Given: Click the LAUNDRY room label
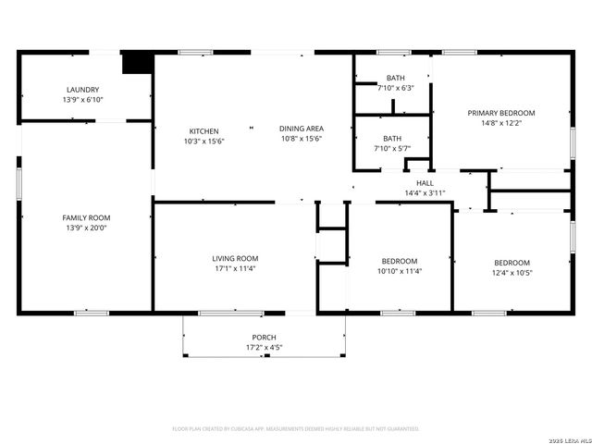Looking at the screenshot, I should click(82, 89).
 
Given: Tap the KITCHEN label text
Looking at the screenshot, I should click(203, 130).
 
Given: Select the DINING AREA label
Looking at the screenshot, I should click(301, 129).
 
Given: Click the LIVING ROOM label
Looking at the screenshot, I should click(235, 258).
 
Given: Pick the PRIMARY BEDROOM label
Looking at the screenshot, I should click(500, 113).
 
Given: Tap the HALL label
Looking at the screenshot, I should click(425, 183).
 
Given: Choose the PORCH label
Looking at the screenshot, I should click(264, 338).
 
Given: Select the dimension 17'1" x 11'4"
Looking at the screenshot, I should click(235, 268).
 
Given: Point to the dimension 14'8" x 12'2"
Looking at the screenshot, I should click(500, 123).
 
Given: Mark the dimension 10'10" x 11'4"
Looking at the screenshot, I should click(399, 272).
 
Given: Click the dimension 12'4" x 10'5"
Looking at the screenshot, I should click(512, 272).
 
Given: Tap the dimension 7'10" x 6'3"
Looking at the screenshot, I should click(395, 88).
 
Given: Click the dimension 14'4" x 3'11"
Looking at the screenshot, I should click(425, 193).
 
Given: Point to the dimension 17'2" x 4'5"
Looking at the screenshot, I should click(264, 348).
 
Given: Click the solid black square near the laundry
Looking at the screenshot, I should click(138, 61).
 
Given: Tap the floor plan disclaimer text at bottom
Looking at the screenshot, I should click(296, 428).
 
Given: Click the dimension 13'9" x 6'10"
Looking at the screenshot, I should click(82, 99).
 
